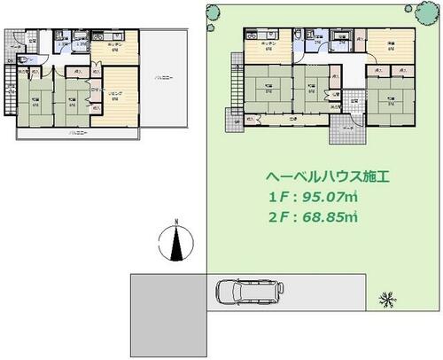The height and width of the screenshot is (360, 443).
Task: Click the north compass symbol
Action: coord(180,239)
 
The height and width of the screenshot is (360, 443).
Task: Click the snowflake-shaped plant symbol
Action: coord(387,300)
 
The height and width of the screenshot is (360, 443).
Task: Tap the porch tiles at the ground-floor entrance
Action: coord(348,130)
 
